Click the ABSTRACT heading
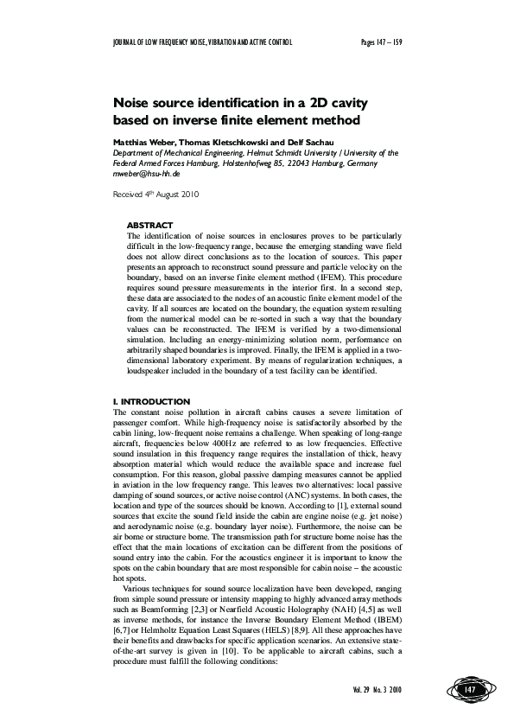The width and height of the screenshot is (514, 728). (x=149, y=225)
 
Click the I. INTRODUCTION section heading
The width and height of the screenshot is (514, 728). (x=152, y=402)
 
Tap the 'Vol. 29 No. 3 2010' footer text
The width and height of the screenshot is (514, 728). (x=378, y=689)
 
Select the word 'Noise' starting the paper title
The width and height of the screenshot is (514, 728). (x=136, y=100)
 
